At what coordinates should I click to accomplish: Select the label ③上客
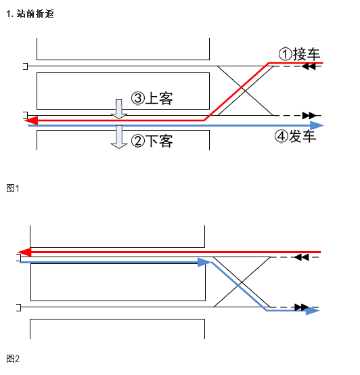(x=152, y=99)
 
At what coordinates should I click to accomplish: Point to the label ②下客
(x=152, y=141)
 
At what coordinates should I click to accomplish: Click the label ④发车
(x=296, y=136)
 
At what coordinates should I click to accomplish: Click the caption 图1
(x=13, y=188)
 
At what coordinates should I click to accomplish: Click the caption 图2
(x=13, y=359)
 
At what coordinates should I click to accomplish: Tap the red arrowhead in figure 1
(x=32, y=120)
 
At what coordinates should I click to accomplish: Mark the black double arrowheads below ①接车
(x=309, y=67)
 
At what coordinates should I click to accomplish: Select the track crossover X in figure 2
(x=242, y=282)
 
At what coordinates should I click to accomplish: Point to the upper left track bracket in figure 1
(x=25, y=66)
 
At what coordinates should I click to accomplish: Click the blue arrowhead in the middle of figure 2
(x=204, y=263)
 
